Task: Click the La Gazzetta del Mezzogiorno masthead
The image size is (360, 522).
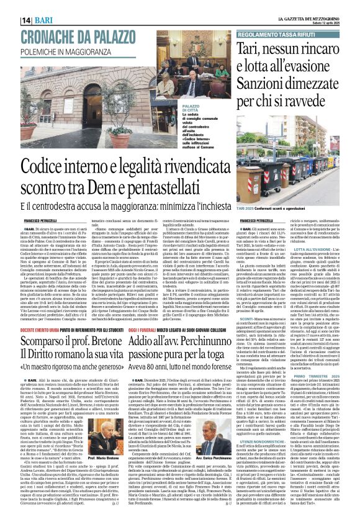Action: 308,5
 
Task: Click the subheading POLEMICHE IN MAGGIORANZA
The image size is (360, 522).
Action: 62,35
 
